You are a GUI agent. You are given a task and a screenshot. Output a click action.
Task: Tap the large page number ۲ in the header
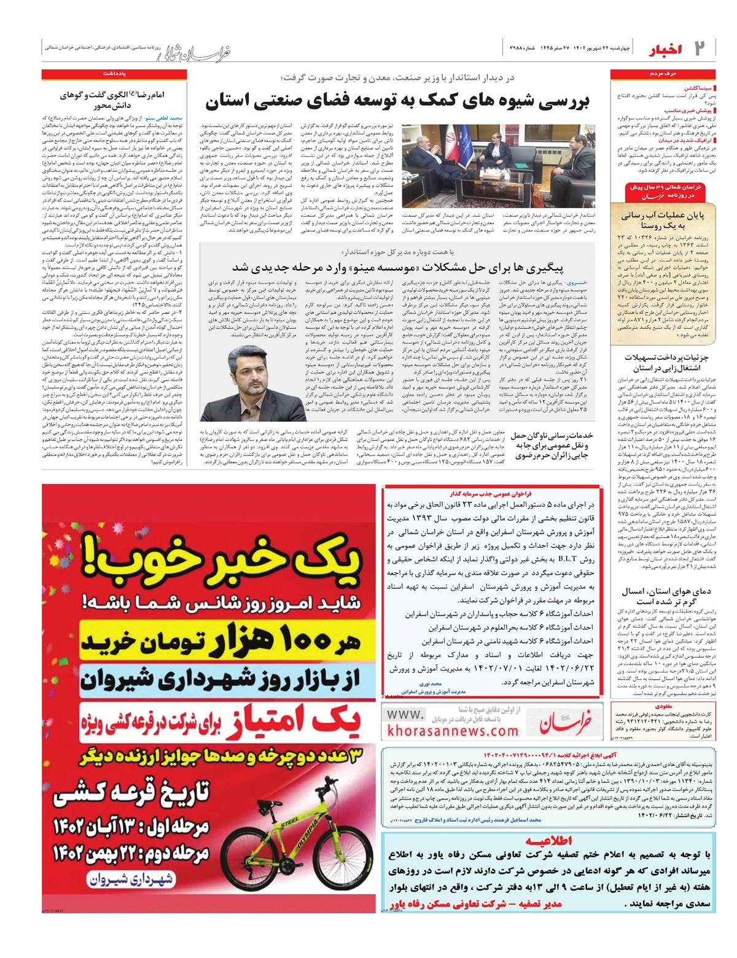[700, 48]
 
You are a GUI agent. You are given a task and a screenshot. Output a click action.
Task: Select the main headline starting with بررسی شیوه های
[397, 101]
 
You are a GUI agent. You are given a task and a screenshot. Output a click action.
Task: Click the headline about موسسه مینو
[397, 267]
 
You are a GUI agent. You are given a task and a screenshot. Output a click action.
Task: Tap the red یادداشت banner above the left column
[114, 74]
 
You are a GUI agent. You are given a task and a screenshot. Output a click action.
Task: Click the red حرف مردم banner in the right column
[664, 74]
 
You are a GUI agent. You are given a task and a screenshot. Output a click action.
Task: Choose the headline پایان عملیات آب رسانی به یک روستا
[663, 220]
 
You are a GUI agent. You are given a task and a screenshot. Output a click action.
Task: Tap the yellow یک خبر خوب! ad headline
[209, 563]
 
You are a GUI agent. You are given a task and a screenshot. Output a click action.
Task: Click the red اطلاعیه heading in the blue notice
[548, 841]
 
